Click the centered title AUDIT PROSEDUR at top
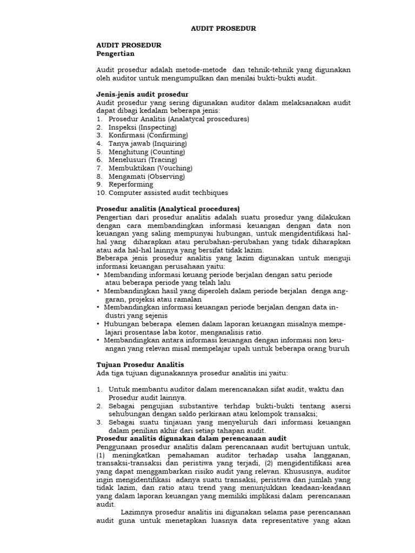(x=223, y=28)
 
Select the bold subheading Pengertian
(x=115, y=54)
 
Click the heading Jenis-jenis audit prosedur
(x=142, y=94)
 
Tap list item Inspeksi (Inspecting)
(x=139, y=127)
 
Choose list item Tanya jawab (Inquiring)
(x=147, y=144)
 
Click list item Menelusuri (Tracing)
(x=142, y=160)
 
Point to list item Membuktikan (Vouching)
(x=150, y=168)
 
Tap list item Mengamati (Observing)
(x=146, y=176)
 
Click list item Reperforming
(x=131, y=184)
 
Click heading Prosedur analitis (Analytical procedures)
(x=168, y=209)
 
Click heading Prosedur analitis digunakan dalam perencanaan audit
(x=191, y=439)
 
